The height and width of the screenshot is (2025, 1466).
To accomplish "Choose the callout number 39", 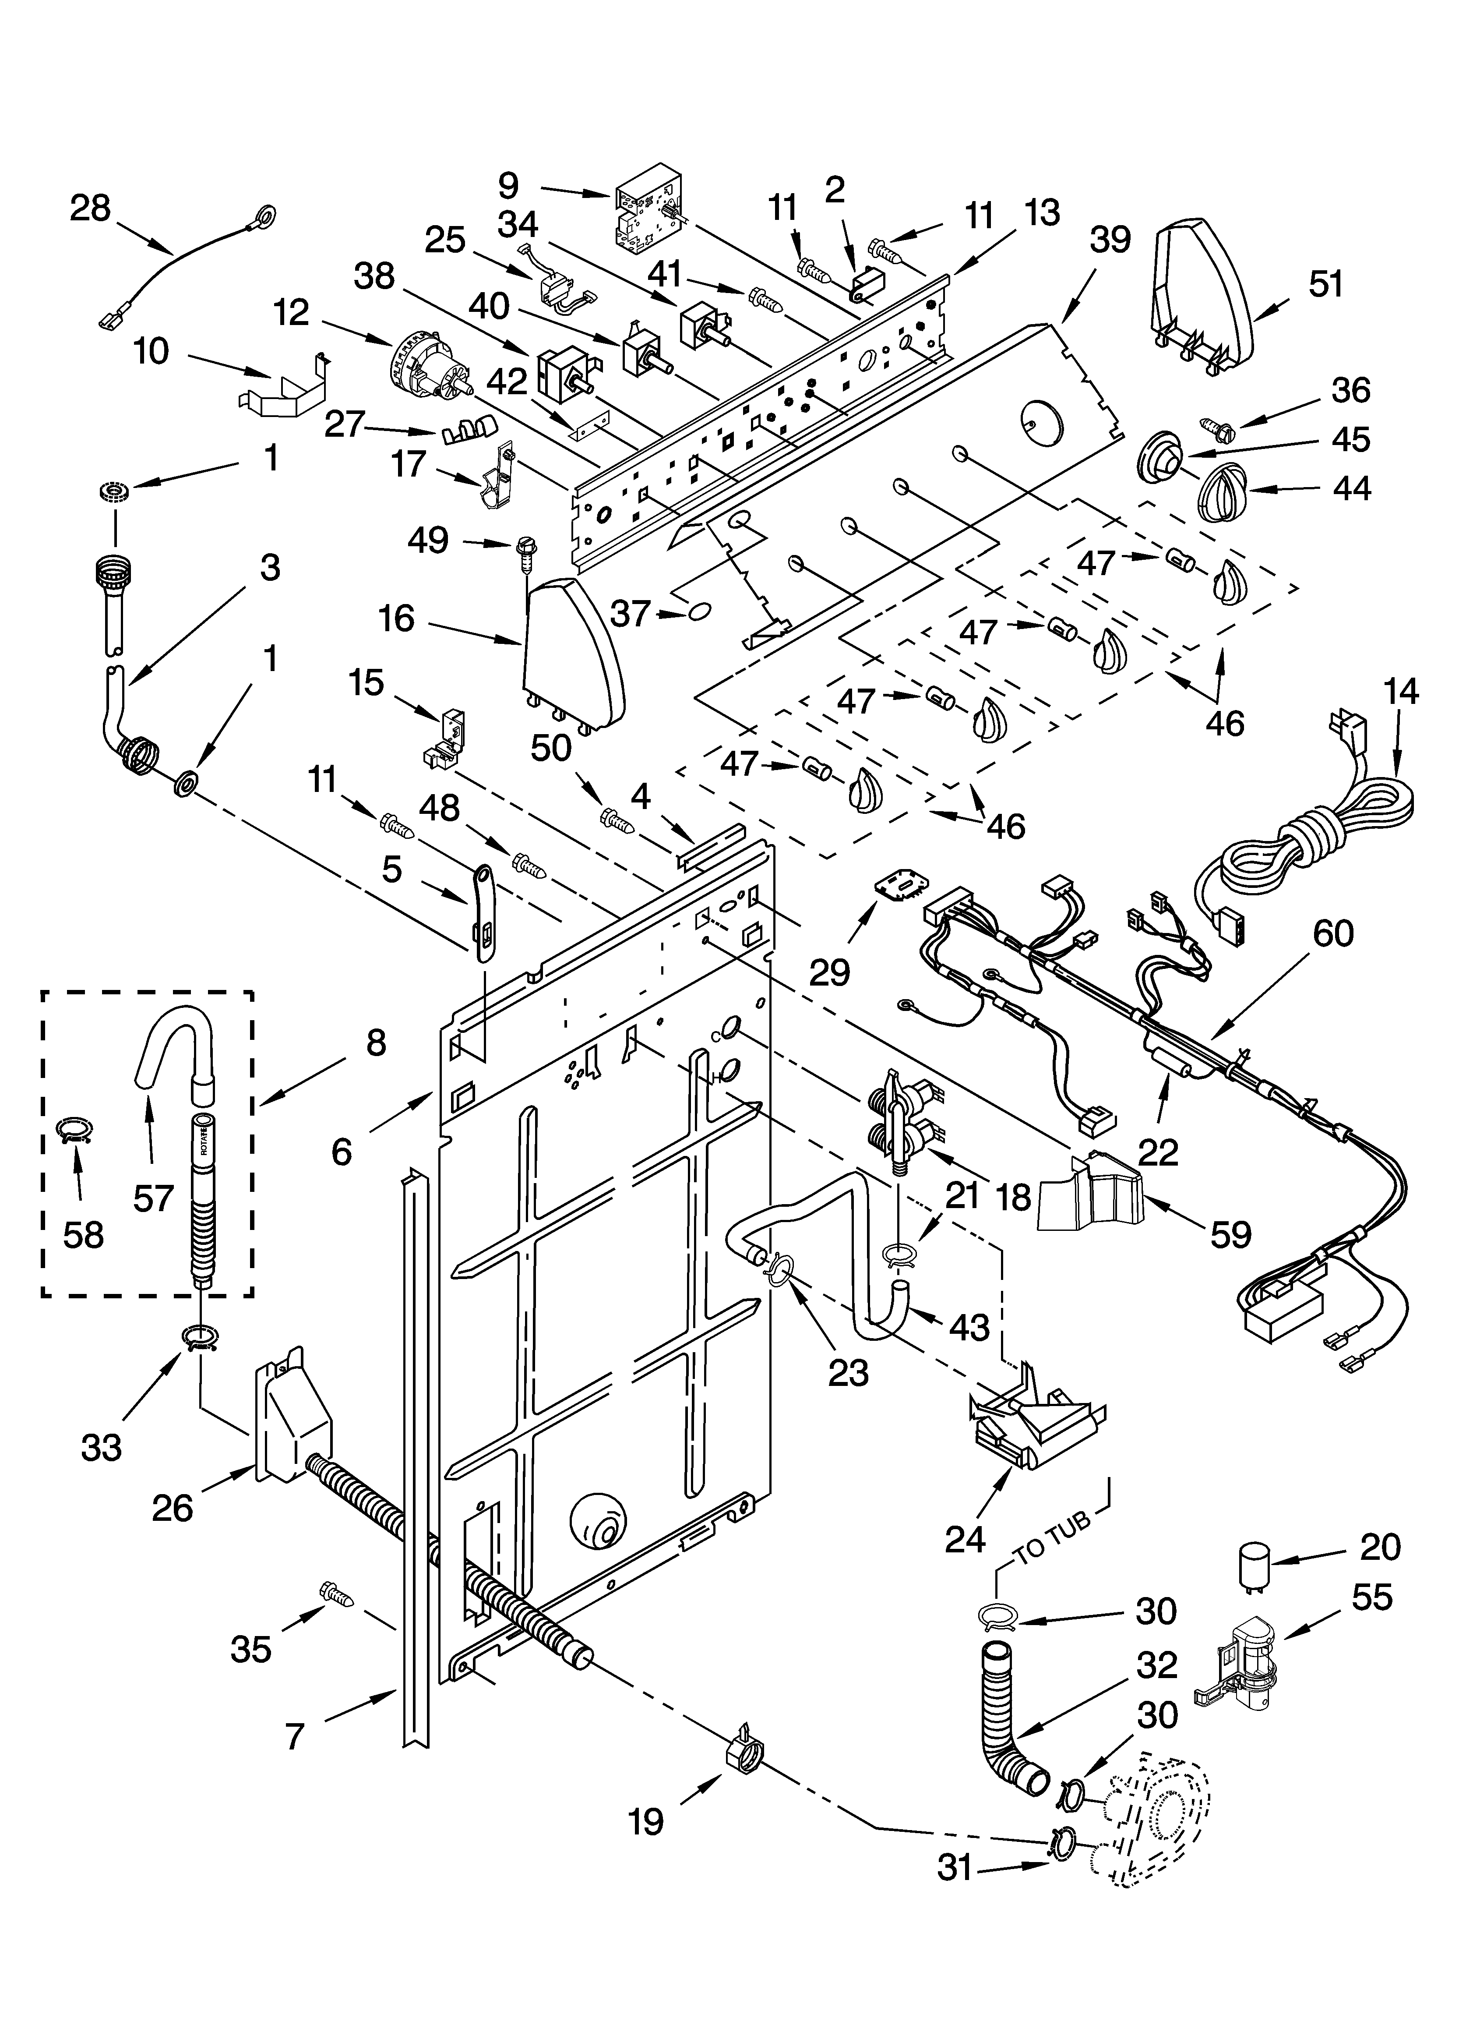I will pyautogui.click(x=1110, y=239).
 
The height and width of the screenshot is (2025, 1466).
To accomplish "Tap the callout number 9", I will pyautogui.click(x=507, y=186).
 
